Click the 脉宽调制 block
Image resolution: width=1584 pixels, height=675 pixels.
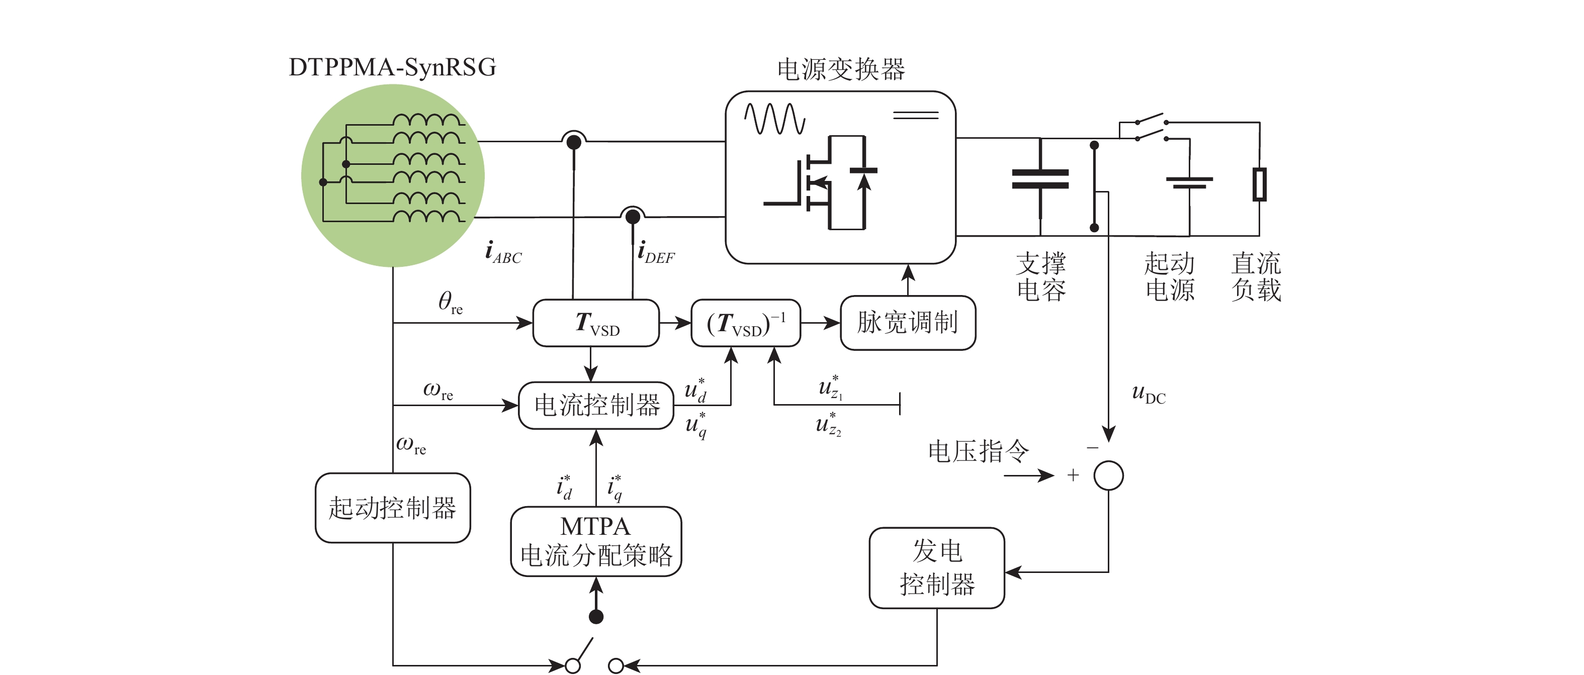[x=908, y=323]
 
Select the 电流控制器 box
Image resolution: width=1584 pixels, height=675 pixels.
[x=596, y=405]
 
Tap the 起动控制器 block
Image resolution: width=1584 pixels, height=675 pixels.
[x=392, y=508]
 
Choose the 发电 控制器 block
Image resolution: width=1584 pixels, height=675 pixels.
[x=936, y=568]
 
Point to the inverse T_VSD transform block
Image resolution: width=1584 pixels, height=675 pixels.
[x=745, y=323]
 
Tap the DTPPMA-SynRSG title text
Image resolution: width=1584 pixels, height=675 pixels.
[x=392, y=67]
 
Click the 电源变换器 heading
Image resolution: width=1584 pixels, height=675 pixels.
[x=841, y=69]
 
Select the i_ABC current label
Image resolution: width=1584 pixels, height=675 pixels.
[x=503, y=253]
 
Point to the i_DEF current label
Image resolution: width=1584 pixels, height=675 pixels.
[x=656, y=253]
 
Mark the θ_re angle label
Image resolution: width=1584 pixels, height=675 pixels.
[x=450, y=303]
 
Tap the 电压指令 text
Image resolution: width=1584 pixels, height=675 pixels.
[x=978, y=451]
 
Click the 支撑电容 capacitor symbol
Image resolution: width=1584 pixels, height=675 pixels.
[x=1040, y=178]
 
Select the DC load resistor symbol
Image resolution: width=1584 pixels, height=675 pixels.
[x=1259, y=184]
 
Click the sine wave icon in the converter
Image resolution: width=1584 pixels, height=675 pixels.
[x=774, y=119]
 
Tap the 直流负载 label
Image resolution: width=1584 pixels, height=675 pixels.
[x=1256, y=276]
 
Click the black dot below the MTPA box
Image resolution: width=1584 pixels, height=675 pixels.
[x=596, y=617]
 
